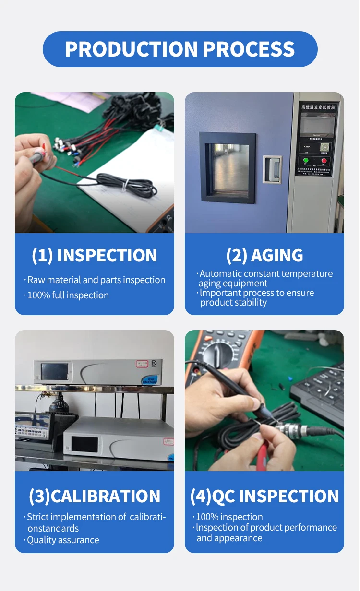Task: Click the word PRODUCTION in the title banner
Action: tap(131, 49)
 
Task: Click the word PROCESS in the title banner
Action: tap(249, 49)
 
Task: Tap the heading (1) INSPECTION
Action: tap(95, 256)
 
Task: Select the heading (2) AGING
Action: tap(264, 256)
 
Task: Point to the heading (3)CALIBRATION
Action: tap(95, 496)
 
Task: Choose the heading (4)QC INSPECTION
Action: tap(264, 496)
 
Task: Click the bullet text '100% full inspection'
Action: tap(68, 295)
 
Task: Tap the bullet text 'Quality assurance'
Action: tap(63, 540)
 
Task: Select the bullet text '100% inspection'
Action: tap(229, 517)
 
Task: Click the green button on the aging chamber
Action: tap(305, 160)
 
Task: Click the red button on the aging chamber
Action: tap(324, 160)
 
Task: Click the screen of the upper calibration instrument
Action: tap(54, 371)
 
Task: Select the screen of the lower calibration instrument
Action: tap(84, 444)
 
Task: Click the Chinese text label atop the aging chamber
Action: tap(317, 106)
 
